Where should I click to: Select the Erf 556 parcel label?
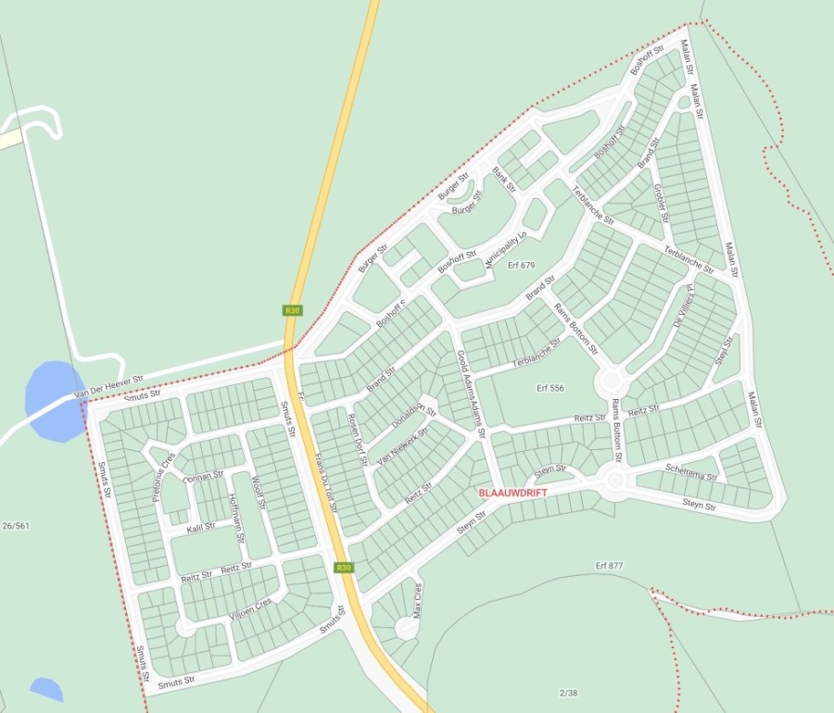pyautogui.click(x=550, y=388)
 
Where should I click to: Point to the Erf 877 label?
pyautogui.click(x=609, y=565)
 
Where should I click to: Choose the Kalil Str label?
pyautogui.click(x=201, y=527)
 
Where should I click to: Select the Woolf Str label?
pyautogui.click(x=259, y=493)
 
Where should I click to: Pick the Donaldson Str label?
pyautogui.click(x=413, y=416)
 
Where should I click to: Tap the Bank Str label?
pyautogui.click(x=503, y=180)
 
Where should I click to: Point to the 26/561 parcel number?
pyautogui.click(x=16, y=526)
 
